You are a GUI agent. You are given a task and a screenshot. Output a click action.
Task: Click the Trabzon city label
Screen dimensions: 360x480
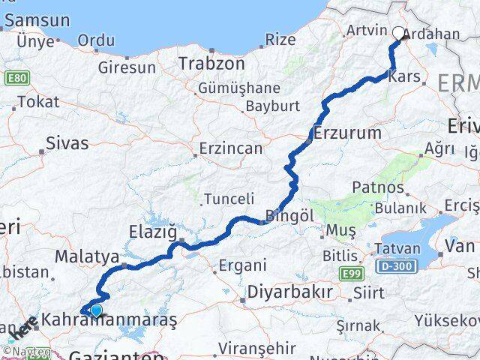coord(211,64)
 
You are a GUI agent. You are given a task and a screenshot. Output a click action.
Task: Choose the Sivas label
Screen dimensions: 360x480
coord(67,142)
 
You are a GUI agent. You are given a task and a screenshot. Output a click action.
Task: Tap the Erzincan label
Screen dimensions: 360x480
coord(231,148)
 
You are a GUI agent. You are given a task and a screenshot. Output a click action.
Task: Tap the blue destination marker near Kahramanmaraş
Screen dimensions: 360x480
coord(96,310)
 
